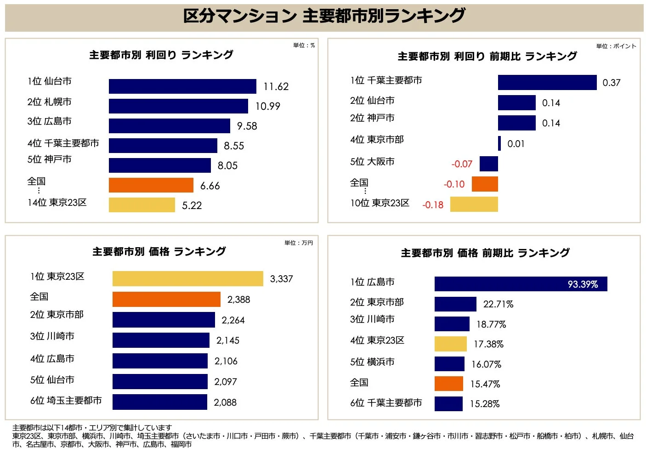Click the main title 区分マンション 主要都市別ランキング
pyautogui.click(x=324, y=16)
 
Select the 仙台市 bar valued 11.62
pyautogui.click(x=182, y=86)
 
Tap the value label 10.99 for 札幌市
pyautogui.click(x=267, y=106)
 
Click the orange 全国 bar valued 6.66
pyautogui.click(x=151, y=185)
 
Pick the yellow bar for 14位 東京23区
pyautogui.click(x=142, y=205)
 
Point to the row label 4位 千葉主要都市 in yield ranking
pyautogui.click(x=63, y=143)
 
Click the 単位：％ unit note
pyautogui.click(x=304, y=45)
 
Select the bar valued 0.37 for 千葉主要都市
pyautogui.click(x=547, y=83)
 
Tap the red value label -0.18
pyautogui.click(x=433, y=205)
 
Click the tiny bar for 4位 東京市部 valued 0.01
pyautogui.click(x=499, y=143)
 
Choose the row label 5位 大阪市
pyautogui.click(x=372, y=162)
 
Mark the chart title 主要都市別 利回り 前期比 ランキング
pyautogui.click(x=487, y=57)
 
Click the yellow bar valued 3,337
pyautogui.click(x=187, y=279)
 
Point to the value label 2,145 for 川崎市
pyautogui.click(x=228, y=340)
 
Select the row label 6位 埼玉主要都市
pyautogui.click(x=66, y=401)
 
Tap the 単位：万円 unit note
pyautogui.click(x=298, y=243)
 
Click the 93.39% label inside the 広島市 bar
pyautogui.click(x=583, y=284)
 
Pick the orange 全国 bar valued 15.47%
pyautogui.click(x=448, y=384)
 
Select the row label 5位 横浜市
pyautogui.click(x=372, y=362)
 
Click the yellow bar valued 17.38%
pyautogui.click(x=450, y=344)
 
